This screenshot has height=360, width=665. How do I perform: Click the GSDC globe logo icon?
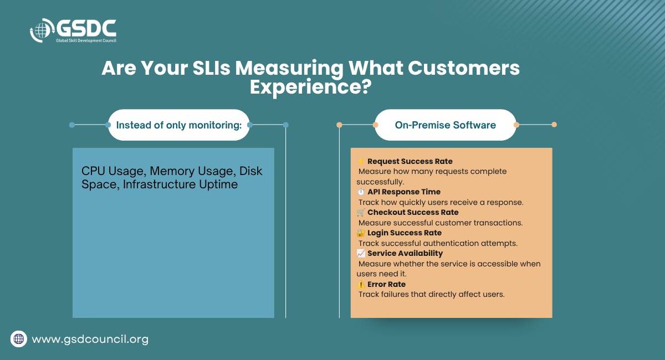[42, 30]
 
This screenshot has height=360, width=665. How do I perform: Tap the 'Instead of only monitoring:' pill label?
[178, 125]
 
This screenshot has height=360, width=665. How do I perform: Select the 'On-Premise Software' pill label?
[446, 125]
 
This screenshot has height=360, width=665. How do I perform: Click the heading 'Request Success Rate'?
[410, 161]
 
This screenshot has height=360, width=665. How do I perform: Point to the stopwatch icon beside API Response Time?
[361, 192]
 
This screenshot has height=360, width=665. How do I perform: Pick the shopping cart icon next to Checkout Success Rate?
[361, 212]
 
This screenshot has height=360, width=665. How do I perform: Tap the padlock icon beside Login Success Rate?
[361, 233]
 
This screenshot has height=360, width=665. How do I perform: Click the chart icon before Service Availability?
[361, 253]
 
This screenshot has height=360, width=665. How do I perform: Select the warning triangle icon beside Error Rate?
[361, 284]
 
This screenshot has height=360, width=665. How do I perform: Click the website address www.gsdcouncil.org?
[90, 339]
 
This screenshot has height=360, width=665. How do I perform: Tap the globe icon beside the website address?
[19, 339]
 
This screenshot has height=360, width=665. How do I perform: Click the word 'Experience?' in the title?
[310, 87]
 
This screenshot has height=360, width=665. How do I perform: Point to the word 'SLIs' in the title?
[211, 68]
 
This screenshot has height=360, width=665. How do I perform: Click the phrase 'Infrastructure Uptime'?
[180, 184]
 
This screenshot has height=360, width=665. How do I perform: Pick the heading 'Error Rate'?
[386, 284]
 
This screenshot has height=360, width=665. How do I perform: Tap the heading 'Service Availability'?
[405, 253]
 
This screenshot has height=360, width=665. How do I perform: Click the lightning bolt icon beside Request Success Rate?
[361, 161]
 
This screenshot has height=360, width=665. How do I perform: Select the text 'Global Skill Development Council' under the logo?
[86, 40]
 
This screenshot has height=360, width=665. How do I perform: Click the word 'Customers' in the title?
[464, 68]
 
